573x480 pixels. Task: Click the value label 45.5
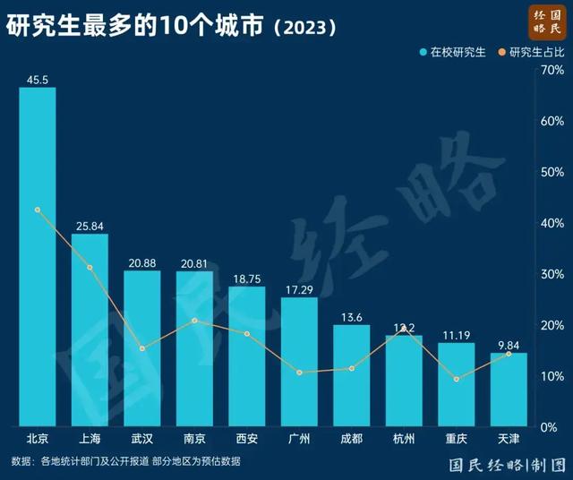[x=38, y=80]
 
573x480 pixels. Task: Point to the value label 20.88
[x=141, y=262]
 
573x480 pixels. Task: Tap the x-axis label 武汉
[x=141, y=439]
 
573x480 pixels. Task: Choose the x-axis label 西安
[x=246, y=439]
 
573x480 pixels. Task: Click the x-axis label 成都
[x=351, y=439]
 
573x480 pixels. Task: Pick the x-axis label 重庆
[x=456, y=439]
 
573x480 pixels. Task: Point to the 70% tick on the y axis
[x=552, y=70]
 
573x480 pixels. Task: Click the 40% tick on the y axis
[x=552, y=223]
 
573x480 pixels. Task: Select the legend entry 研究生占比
[x=535, y=52]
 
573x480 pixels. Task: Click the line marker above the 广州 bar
[x=299, y=373]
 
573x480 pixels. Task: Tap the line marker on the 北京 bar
[x=38, y=210]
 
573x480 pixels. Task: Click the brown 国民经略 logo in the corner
[x=546, y=21]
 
